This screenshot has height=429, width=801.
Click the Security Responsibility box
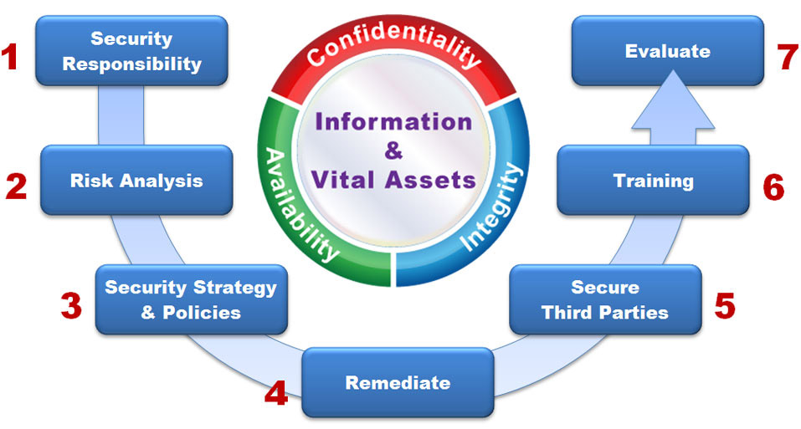click(x=132, y=51)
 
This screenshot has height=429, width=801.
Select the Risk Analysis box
click(x=136, y=180)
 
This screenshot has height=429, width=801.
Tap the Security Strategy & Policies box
click(x=191, y=299)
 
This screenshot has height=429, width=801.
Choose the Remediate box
click(x=398, y=382)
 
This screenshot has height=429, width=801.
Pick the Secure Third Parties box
click(x=605, y=299)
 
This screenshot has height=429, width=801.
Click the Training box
click(x=653, y=180)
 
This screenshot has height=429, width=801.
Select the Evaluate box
click(x=667, y=51)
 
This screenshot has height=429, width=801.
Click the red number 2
click(x=16, y=186)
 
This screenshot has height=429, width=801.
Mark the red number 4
click(x=276, y=392)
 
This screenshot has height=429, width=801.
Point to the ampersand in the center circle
click(x=393, y=151)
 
